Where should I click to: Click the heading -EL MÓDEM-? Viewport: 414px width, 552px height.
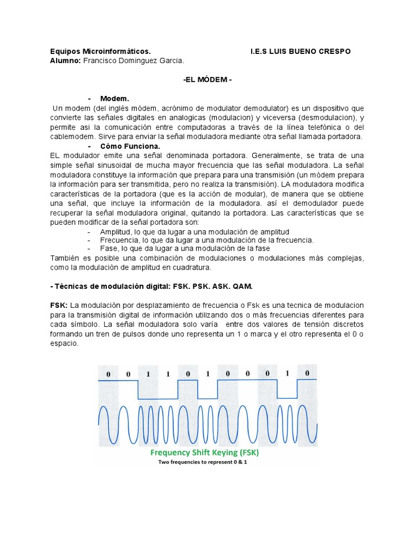208,79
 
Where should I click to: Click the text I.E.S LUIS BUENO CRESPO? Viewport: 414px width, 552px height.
300,51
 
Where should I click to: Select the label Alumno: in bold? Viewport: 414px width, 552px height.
65,60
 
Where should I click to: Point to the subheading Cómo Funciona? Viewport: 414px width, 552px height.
130,146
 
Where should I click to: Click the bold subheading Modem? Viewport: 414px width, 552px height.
115,99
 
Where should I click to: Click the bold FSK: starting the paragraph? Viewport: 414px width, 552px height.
58,306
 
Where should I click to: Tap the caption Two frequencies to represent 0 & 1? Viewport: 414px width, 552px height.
207,463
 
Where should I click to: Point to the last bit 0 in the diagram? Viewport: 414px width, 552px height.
307,373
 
